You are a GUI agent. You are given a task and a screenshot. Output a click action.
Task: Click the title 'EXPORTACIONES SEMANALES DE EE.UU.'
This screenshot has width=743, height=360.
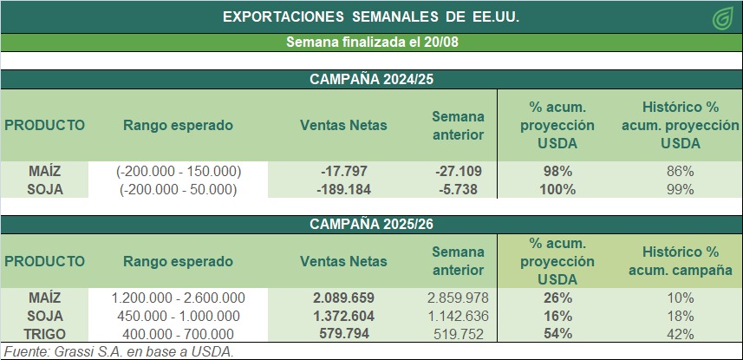371,16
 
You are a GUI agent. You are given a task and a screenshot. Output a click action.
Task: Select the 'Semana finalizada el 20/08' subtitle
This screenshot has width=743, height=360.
371,43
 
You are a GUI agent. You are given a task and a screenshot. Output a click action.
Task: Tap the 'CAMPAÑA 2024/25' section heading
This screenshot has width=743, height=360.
371,79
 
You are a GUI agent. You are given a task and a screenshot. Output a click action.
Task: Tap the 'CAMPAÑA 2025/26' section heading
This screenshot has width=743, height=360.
371,224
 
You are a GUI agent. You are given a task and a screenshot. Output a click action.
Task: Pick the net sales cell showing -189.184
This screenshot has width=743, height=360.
343,189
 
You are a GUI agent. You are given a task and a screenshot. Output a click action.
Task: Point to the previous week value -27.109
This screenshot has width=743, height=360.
458,171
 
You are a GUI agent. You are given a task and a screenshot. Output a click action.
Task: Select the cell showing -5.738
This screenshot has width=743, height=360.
458,189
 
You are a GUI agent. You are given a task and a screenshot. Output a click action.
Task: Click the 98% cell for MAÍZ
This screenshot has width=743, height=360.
557,171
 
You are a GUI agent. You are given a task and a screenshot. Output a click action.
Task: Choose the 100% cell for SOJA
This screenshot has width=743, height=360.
557,189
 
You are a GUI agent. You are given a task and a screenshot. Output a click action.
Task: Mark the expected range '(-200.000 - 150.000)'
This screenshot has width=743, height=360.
179,171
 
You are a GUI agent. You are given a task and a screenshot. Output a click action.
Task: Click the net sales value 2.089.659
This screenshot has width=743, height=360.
343,298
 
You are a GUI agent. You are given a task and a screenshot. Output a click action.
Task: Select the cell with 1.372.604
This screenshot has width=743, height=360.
343,316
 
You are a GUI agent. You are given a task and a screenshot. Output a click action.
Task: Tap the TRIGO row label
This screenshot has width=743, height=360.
45,334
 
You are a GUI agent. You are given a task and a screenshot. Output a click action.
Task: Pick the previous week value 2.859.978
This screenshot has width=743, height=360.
458,298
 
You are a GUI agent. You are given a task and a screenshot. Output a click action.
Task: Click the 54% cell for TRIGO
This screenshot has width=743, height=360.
557,334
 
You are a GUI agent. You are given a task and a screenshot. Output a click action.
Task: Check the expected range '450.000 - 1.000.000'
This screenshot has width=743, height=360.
179,316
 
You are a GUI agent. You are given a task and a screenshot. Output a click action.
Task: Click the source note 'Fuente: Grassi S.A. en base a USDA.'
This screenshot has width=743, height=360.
119,351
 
